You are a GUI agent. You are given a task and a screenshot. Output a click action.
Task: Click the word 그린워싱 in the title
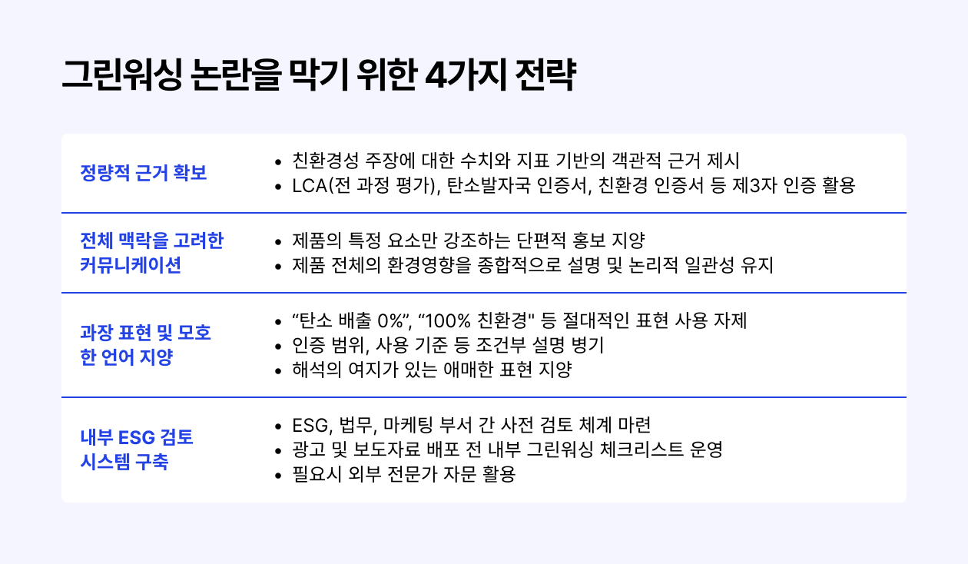[x=122, y=75]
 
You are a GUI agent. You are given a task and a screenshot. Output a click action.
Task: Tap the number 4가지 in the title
[x=466, y=75]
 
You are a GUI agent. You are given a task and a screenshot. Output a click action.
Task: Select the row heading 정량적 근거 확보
[x=144, y=173]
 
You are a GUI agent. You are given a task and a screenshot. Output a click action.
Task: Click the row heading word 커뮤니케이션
[x=131, y=265]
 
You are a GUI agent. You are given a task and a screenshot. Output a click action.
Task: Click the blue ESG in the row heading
[x=136, y=437]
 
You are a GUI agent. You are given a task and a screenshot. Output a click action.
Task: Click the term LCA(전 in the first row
[x=321, y=186]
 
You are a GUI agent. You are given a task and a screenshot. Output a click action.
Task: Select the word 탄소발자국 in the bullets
[x=488, y=186]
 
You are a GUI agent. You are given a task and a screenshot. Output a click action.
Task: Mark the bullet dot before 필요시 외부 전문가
[x=278, y=476]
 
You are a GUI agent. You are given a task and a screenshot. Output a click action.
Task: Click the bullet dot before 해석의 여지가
[x=278, y=371]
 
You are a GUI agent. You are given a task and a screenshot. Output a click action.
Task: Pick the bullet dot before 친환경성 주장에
[x=278, y=162]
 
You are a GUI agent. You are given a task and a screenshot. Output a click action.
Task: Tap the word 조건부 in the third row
[x=500, y=345]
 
